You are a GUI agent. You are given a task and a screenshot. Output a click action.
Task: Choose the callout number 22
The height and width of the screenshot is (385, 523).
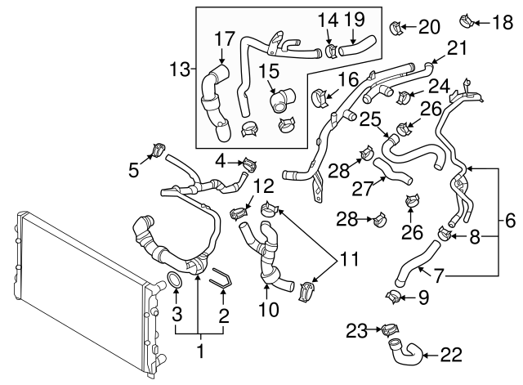[451, 355]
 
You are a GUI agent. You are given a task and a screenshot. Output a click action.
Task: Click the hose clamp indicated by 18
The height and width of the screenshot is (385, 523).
[467, 16]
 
